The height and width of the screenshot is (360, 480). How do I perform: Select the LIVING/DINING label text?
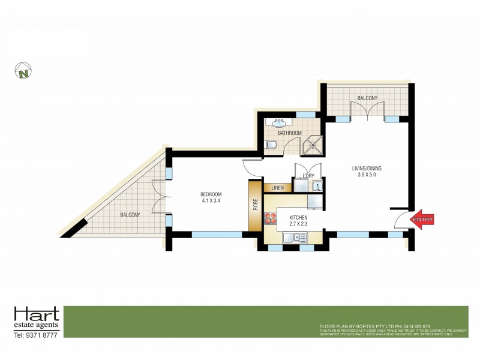tap(367, 169)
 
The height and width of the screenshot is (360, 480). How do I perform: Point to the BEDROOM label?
tap(211, 194)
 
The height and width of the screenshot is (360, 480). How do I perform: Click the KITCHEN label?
tap(298, 217)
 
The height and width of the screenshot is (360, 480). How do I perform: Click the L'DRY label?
tap(309, 175)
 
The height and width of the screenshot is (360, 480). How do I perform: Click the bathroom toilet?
tap(272, 145)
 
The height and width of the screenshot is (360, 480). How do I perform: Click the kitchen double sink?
tap(293, 238)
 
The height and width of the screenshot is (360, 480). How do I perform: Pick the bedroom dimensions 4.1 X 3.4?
tap(211, 201)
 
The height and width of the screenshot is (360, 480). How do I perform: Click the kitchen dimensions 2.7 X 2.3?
tap(298, 224)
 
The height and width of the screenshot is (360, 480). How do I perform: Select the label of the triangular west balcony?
tap(130, 215)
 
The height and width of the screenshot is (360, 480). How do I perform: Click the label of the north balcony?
tap(367, 98)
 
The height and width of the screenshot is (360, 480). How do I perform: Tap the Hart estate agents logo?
tap(36, 317)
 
